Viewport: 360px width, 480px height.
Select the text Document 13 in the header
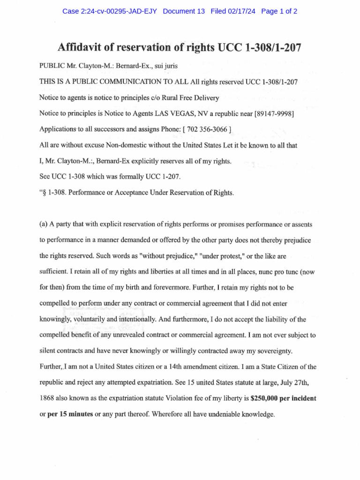184,12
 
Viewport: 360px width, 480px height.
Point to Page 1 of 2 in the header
279,12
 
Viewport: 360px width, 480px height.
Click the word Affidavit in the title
82,47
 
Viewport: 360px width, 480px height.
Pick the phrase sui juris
169,66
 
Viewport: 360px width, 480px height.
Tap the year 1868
48,398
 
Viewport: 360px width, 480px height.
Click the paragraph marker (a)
44,224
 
